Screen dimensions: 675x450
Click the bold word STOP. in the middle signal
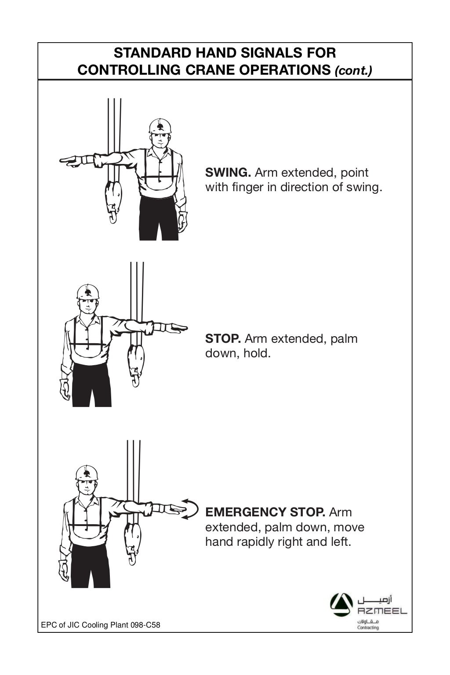coord(223,339)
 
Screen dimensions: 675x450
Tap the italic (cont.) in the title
coord(353,71)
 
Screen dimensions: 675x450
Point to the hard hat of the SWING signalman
coord(160,126)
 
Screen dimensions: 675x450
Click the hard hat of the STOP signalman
coord(87,292)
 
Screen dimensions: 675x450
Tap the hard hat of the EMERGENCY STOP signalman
coord(87,473)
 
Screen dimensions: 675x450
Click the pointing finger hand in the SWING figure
coord(70,161)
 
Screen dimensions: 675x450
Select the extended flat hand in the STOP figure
coord(176,327)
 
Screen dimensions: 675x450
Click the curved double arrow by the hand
coord(190,509)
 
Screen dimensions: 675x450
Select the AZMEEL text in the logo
coord(382,611)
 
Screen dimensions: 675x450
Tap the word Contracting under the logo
coord(368,628)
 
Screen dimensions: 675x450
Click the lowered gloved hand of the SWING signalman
coord(182,222)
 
